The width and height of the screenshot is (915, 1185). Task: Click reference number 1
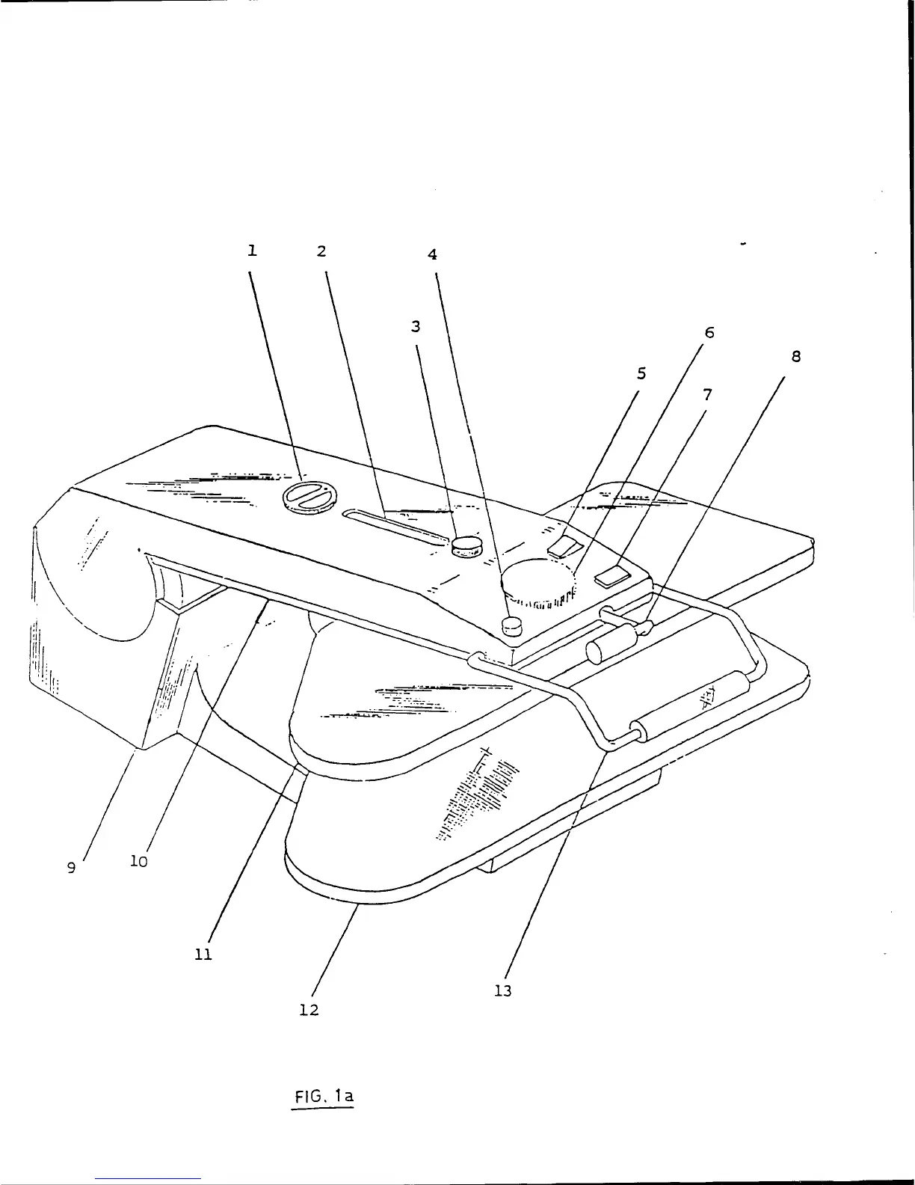click(x=253, y=251)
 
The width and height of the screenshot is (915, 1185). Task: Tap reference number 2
click(x=321, y=251)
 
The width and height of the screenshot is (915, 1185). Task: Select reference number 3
click(x=416, y=327)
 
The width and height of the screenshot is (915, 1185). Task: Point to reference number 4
click(x=432, y=255)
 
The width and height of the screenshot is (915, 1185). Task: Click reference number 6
click(x=709, y=333)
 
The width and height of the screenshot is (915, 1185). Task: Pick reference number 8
click(x=796, y=357)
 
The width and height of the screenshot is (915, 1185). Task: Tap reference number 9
click(x=71, y=868)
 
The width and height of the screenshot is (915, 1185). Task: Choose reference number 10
click(x=139, y=862)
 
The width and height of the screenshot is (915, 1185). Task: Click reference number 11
click(x=203, y=955)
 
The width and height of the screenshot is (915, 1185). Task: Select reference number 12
click(x=309, y=1010)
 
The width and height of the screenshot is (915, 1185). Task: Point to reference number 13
click(x=503, y=991)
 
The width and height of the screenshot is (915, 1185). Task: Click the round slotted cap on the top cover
click(x=309, y=497)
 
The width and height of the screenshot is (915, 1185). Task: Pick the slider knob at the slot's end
click(x=466, y=546)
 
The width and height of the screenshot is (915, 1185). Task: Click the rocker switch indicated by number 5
click(x=564, y=548)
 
